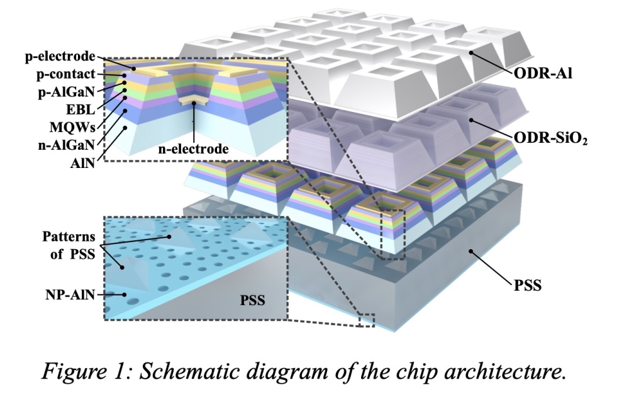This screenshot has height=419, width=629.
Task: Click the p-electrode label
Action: click(60, 56)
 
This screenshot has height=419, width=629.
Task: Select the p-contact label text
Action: click(66, 74)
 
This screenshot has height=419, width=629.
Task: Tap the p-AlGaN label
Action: click(67, 92)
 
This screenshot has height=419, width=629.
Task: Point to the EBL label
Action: click(81, 109)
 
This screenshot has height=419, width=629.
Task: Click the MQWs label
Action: click(72, 127)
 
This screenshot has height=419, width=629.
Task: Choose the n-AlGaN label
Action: click(67, 145)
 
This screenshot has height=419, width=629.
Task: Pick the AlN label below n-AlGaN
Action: click(82, 163)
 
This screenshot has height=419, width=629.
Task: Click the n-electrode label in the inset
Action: click(193, 149)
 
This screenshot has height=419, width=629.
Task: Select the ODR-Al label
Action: click(543, 74)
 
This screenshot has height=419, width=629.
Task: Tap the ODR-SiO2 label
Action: click(550, 138)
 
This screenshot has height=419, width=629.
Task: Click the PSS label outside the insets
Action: click(528, 286)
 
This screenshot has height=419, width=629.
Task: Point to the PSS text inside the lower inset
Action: click(253, 300)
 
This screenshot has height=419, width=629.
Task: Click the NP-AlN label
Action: click(70, 295)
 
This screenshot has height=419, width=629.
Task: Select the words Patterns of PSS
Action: click(69, 245)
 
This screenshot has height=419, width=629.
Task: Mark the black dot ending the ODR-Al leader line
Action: click(471, 53)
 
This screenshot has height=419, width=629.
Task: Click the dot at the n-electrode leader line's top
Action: click(193, 103)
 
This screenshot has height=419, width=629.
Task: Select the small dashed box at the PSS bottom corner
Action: click(367, 320)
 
